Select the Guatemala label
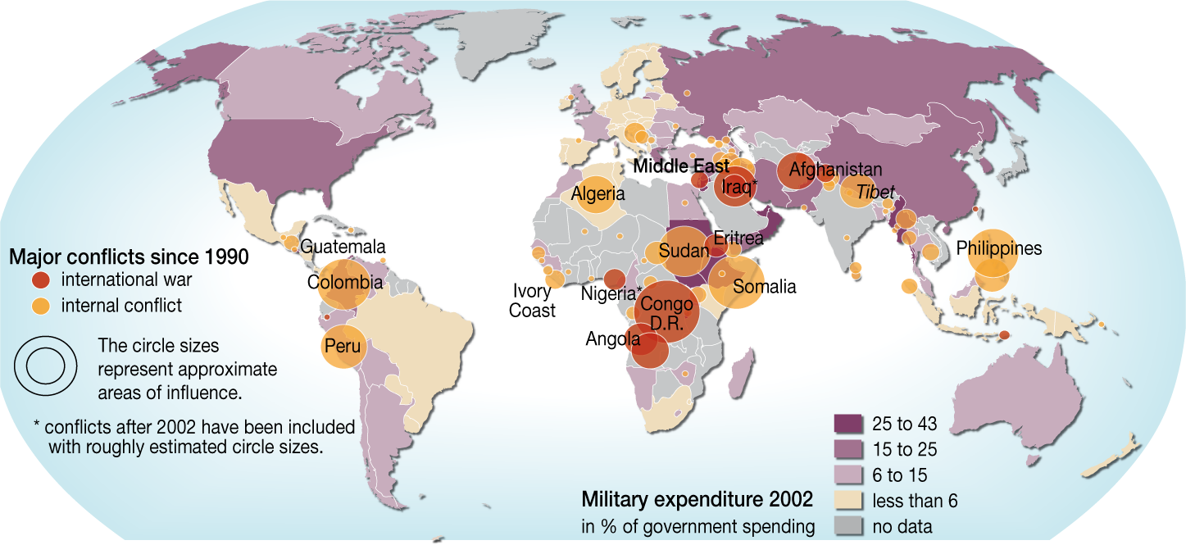[343, 246]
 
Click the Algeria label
[598, 194]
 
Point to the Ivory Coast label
[534, 300]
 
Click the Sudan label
[683, 251]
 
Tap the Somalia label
[764, 287]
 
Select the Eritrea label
[738, 238]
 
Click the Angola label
[612, 338]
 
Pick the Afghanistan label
[835, 170]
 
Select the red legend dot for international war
[41, 280]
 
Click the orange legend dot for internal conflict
[41, 306]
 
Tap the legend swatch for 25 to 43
[849, 424]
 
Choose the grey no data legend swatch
[849, 526]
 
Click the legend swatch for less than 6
[849, 501]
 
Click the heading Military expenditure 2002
[697, 499]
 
